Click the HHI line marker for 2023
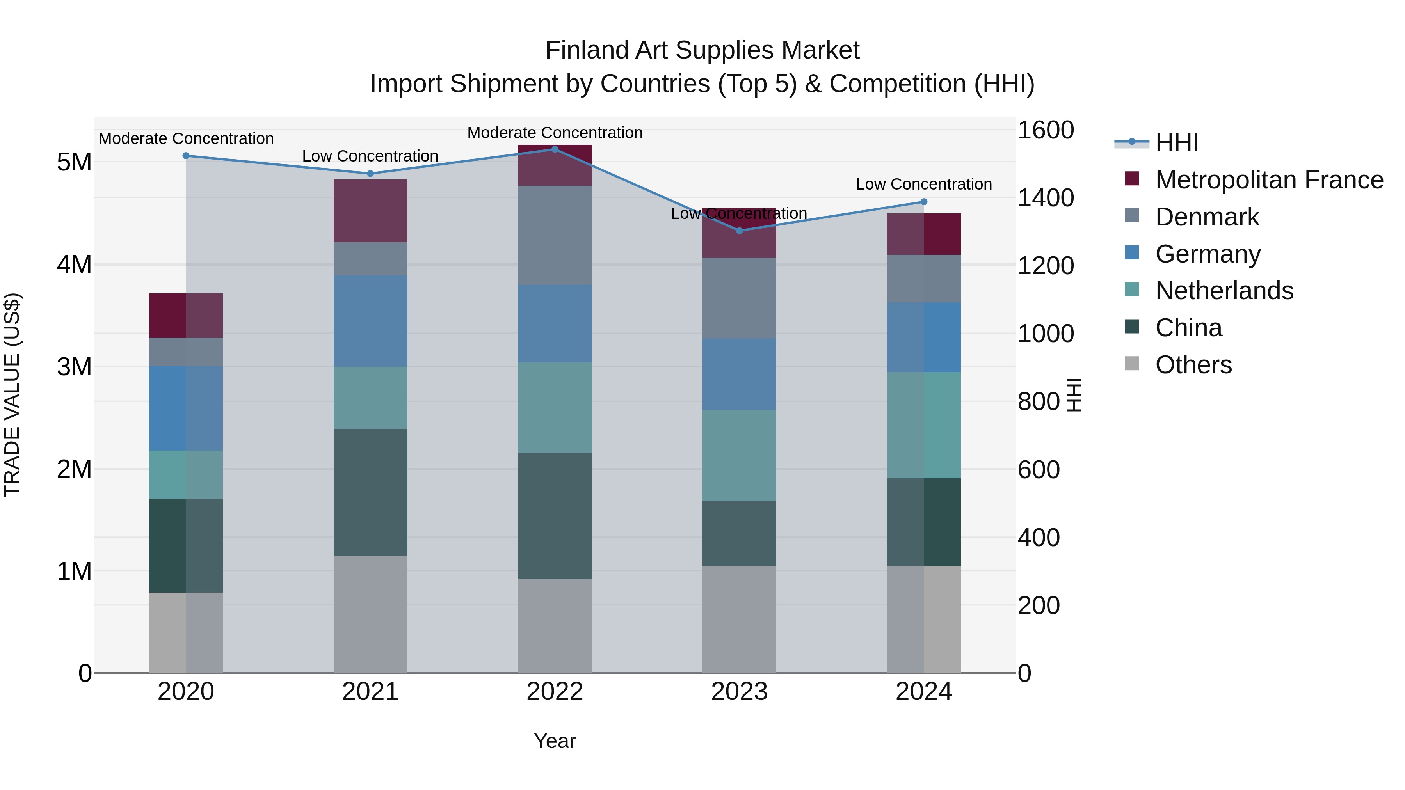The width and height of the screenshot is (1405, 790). tap(739, 231)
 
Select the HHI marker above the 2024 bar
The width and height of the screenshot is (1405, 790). tap(923, 202)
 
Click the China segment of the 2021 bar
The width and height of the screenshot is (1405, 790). tap(370, 492)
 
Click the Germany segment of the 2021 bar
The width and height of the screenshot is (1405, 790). tap(370, 321)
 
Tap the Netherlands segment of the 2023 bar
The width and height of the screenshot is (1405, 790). tap(739, 455)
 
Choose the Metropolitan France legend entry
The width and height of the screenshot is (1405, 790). tap(1269, 180)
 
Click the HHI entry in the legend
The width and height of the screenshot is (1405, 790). tap(1177, 143)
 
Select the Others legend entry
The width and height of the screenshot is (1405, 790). tap(1193, 365)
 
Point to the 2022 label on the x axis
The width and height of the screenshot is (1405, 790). tap(555, 692)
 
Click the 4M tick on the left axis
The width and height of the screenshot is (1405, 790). tap(74, 265)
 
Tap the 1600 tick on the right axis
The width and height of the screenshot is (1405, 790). tap(1045, 130)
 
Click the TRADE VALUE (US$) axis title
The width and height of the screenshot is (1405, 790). tap(12, 395)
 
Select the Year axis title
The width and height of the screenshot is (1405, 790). tap(555, 741)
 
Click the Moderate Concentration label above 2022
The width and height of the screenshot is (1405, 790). tap(555, 133)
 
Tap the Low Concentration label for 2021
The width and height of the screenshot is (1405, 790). tap(370, 156)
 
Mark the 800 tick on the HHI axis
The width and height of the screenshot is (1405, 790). tap(1038, 402)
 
